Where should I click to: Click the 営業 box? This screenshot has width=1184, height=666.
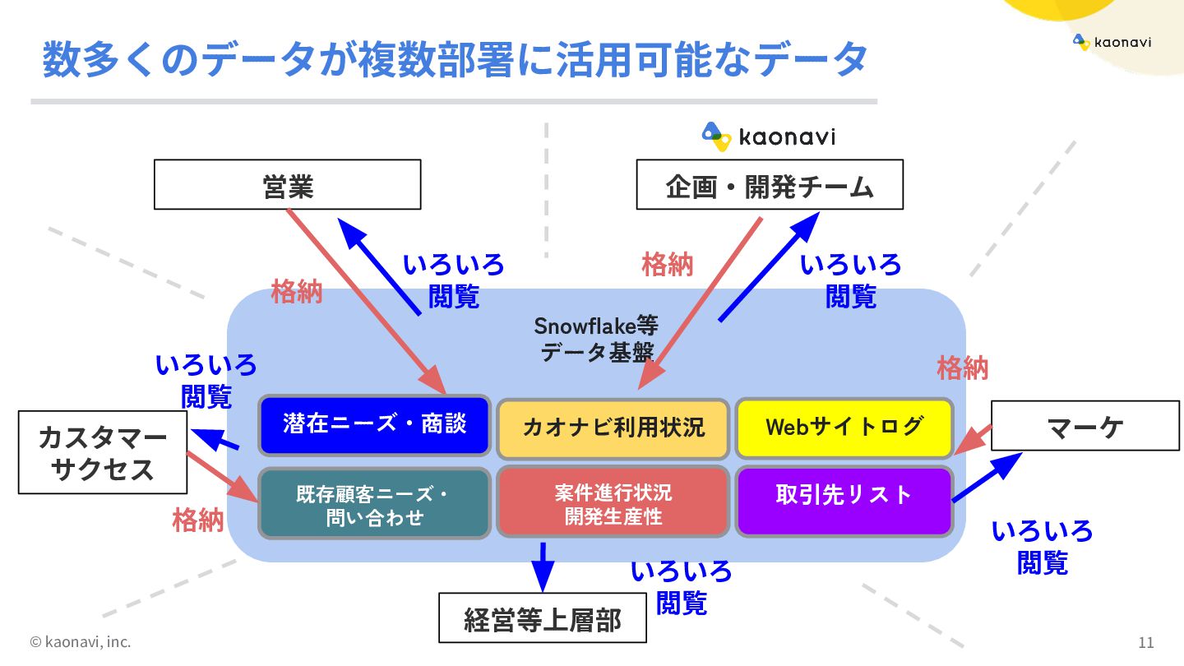(288, 184)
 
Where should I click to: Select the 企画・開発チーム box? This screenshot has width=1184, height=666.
(770, 184)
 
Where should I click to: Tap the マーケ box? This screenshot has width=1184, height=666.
(1085, 426)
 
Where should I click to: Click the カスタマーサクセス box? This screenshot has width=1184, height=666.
(103, 452)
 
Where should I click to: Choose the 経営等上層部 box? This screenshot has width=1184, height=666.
(543, 617)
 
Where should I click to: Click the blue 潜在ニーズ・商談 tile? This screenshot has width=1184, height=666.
(374, 425)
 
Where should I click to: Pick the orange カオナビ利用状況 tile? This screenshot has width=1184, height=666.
(613, 428)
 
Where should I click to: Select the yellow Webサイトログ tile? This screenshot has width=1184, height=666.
(844, 427)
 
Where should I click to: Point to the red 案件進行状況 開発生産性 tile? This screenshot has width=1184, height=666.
(613, 502)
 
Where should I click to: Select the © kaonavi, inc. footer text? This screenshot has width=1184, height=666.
(81, 641)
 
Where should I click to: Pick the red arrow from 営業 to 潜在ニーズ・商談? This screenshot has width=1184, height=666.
(365, 300)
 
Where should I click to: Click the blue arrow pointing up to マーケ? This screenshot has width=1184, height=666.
(987, 478)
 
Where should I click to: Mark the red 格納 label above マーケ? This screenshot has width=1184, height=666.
(963, 368)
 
